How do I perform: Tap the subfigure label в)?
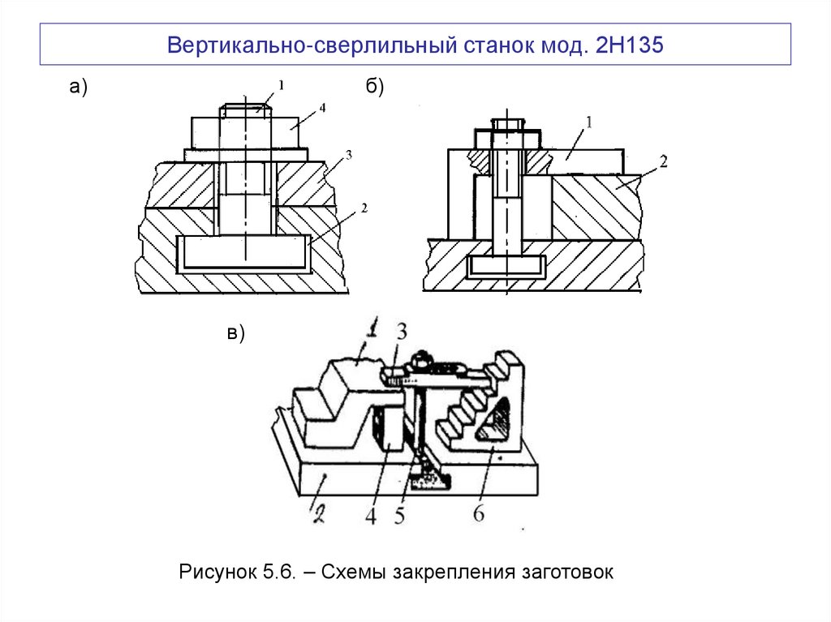point(235,332)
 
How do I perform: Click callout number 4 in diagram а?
point(323,107)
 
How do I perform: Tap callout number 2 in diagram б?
point(663,161)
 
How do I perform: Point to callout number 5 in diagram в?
point(399,516)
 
